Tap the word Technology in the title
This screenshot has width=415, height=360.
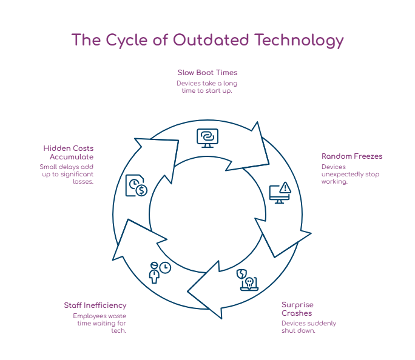click(299, 40)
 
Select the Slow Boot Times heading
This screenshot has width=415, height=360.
click(207, 72)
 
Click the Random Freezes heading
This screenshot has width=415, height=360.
click(352, 156)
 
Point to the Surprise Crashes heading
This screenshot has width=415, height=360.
click(297, 308)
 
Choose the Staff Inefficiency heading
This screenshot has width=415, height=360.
click(95, 305)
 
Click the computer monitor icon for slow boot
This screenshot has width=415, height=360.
click(207, 138)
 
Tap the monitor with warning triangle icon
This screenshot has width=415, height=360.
click(280, 193)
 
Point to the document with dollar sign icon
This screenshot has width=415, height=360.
click(137, 185)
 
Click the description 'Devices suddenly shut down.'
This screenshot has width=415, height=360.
click(308, 327)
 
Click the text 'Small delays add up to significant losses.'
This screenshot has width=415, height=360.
click(67, 174)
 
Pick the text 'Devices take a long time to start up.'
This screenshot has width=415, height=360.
click(207, 87)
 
